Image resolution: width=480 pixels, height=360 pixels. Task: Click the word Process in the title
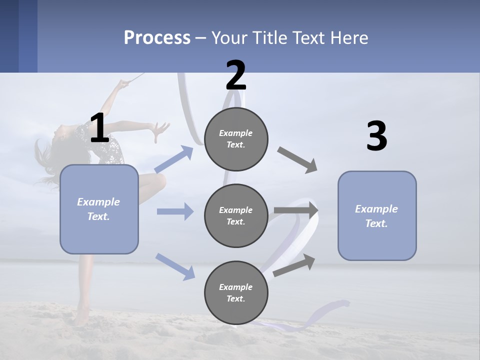(157, 37)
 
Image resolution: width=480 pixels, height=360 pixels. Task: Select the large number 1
(100, 127)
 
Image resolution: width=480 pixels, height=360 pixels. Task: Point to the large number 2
(235, 75)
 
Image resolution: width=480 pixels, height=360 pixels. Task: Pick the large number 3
(377, 135)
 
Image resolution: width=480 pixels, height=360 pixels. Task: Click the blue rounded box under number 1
(99, 209)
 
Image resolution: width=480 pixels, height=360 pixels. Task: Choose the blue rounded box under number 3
(377, 216)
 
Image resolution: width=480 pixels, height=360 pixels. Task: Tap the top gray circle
(236, 139)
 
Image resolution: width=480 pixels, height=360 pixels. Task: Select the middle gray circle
(236, 216)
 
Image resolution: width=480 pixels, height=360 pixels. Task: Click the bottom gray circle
(236, 292)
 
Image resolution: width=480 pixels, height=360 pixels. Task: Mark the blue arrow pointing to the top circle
(174, 159)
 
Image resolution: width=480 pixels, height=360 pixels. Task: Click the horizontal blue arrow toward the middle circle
(175, 211)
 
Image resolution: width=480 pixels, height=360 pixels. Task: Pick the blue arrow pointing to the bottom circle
(175, 267)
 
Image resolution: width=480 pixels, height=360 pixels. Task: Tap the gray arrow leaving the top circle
(297, 160)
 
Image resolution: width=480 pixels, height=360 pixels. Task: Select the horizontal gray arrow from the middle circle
(296, 210)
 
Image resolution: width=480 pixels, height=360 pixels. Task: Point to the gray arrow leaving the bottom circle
(294, 265)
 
